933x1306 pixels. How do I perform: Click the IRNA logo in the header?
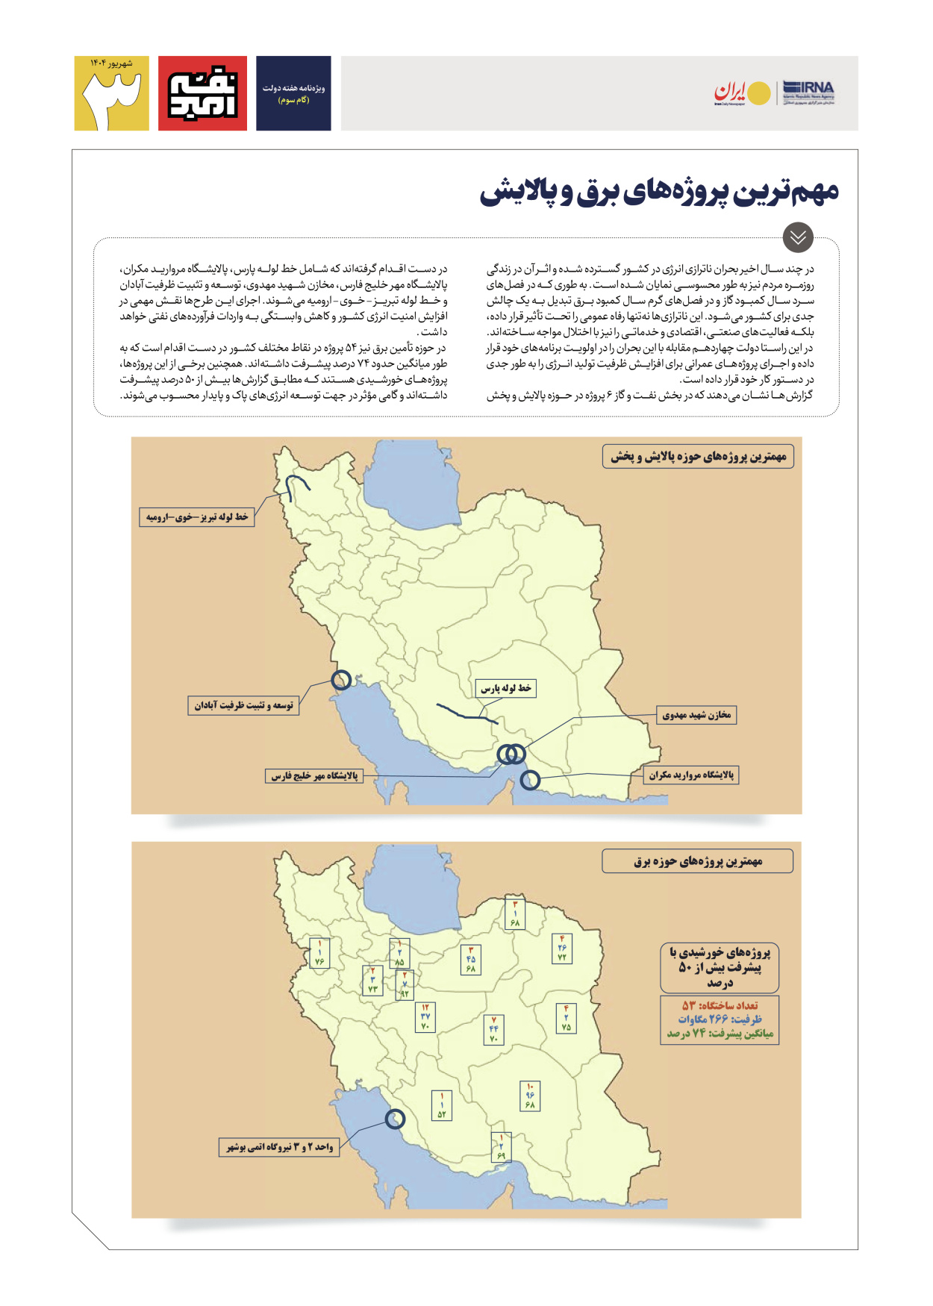click(808, 93)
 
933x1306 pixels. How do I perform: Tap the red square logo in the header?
click(202, 93)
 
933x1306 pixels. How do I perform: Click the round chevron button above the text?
click(798, 237)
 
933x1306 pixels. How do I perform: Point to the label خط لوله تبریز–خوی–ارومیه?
click(197, 516)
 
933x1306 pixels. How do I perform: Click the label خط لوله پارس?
click(506, 688)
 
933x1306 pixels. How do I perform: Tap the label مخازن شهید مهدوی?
click(696, 715)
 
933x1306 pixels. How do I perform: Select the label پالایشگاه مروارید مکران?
click(691, 775)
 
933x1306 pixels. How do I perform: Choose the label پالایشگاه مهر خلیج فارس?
click(314, 775)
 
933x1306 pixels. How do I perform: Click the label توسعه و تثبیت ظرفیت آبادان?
click(243, 705)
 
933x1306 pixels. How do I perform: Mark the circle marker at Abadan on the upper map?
click(341, 680)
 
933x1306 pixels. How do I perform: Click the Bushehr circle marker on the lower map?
click(395, 1119)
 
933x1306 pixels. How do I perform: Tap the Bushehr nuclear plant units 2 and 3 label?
click(280, 1147)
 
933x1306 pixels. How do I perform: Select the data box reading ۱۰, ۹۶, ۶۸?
click(530, 1096)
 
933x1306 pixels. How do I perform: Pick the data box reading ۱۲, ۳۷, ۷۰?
click(425, 1016)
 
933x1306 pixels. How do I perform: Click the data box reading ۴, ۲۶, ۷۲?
click(562, 948)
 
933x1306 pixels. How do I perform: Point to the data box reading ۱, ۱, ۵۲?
click(442, 1105)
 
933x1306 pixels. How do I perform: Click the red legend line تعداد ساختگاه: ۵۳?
click(720, 1005)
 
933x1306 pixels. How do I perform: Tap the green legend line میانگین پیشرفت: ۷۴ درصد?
click(720, 1034)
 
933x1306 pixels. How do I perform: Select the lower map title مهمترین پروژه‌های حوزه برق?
click(698, 861)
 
